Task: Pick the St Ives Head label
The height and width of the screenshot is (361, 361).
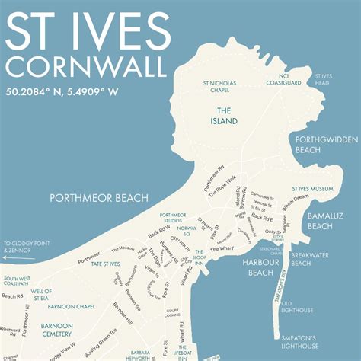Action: pos(324,79)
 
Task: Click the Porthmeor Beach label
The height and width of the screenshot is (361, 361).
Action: pos(99,198)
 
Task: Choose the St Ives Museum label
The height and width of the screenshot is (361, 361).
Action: pos(312,188)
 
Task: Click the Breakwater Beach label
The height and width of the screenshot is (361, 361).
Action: pos(308,259)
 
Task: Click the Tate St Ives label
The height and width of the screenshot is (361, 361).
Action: pos(106,264)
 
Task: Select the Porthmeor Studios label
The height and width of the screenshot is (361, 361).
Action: pos(173,219)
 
